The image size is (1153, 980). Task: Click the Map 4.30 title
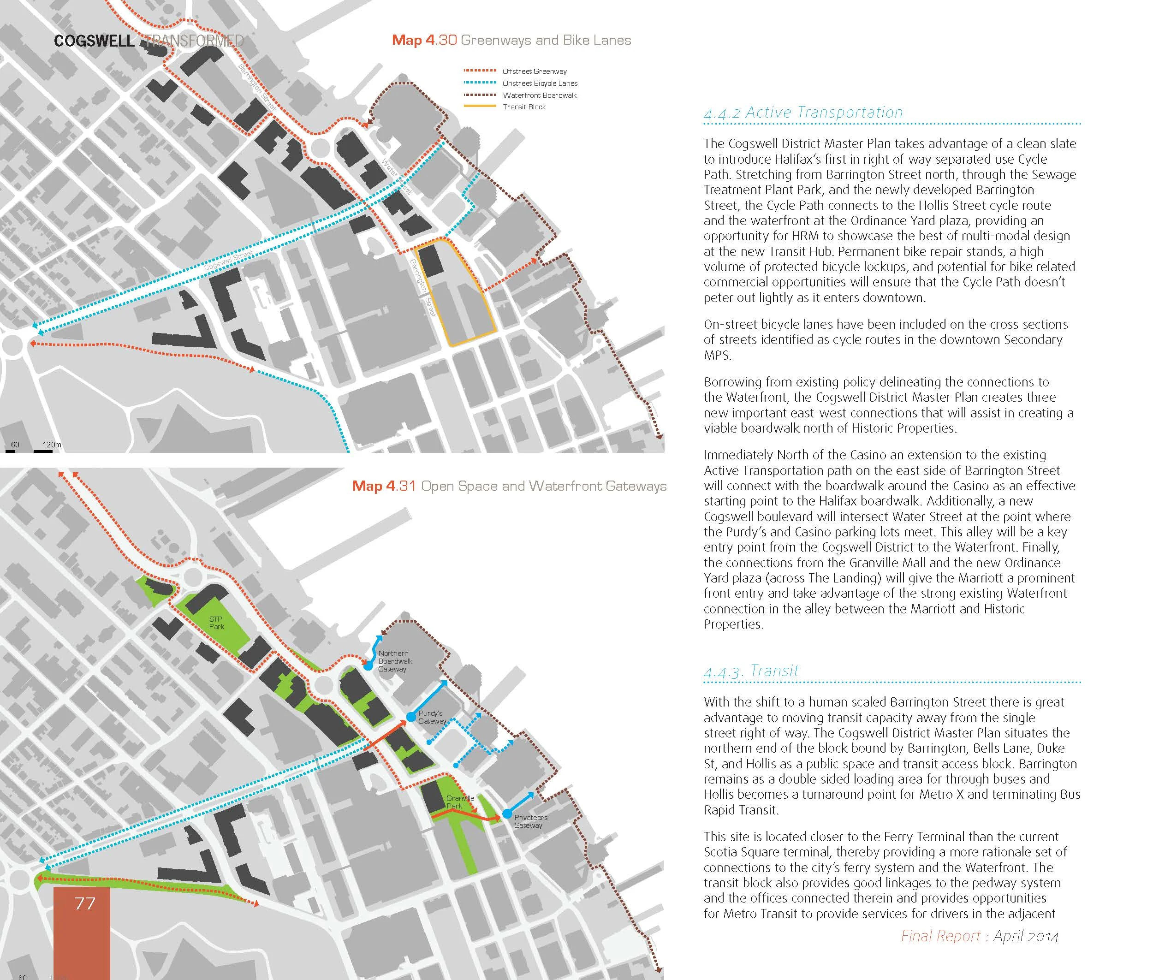511,40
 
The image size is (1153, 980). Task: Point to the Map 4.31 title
509,486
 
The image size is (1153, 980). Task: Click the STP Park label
216,623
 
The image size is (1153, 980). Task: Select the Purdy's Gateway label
432,717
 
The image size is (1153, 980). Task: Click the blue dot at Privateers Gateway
507,814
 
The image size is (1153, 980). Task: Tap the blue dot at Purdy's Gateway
410,717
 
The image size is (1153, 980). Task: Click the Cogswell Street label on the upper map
228,261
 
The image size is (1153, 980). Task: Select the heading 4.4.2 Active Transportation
803,113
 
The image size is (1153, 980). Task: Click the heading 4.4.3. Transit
751,671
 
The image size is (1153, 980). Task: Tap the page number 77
84,904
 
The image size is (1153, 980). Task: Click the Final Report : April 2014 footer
979,937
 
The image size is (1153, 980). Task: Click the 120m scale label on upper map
52,445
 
